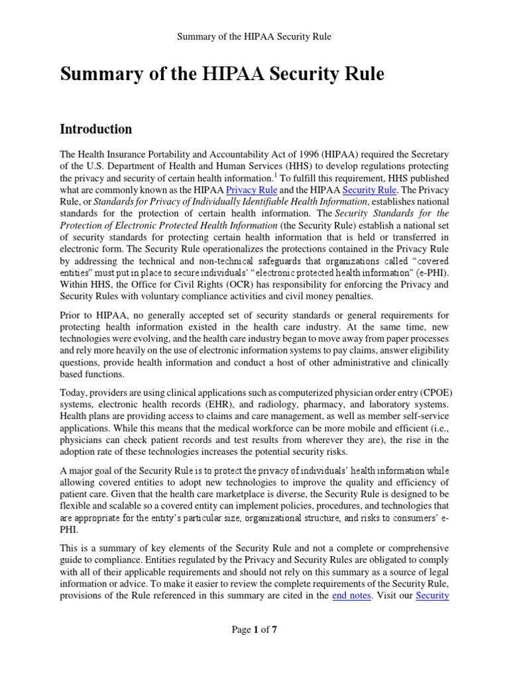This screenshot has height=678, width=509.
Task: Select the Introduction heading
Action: (x=95, y=128)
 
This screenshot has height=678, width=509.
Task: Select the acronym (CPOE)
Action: (x=433, y=391)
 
